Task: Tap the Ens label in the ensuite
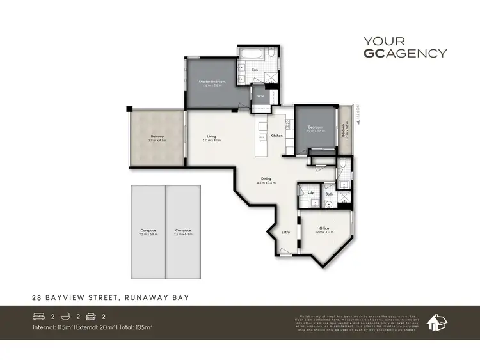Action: click(254, 69)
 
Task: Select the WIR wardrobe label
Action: click(260, 96)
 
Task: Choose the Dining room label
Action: click(266, 179)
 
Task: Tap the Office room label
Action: click(324, 229)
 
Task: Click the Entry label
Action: click(285, 232)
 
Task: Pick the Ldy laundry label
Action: click(310, 192)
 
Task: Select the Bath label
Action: click(328, 193)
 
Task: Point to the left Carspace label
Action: click(148, 231)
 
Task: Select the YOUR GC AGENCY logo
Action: click(404, 48)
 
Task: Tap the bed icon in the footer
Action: click(40, 315)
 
